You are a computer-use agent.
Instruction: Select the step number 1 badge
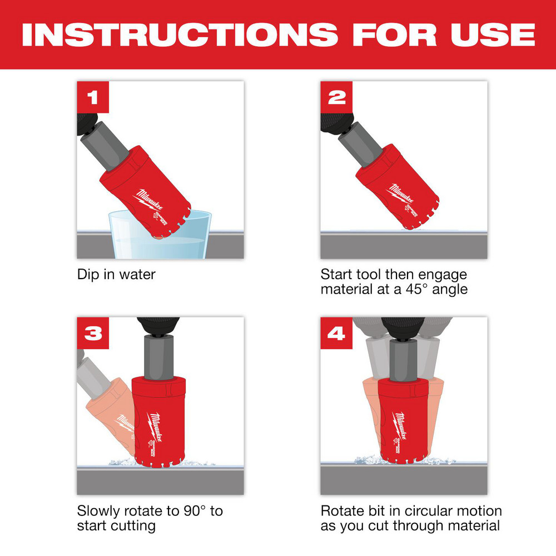(x=92, y=97)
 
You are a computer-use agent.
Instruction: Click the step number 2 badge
(x=336, y=97)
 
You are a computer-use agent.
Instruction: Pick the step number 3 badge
(x=92, y=334)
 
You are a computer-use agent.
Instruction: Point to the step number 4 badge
(x=336, y=334)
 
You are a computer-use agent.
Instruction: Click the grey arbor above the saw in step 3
(x=160, y=356)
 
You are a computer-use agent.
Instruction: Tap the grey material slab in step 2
(x=403, y=246)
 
